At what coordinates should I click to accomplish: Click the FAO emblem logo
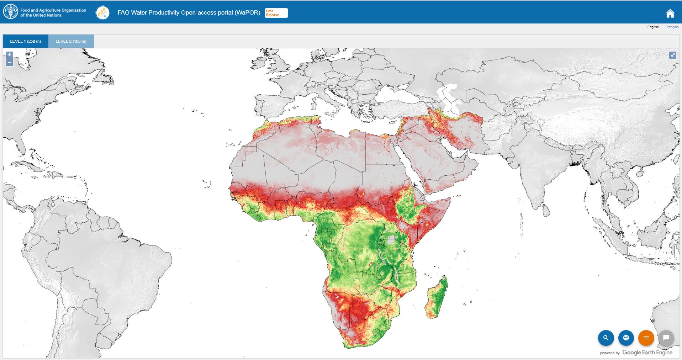(x=10, y=12)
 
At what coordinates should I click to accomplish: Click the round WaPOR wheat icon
(x=103, y=13)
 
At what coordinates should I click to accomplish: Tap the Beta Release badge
(x=276, y=13)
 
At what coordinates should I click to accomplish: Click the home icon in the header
(x=670, y=14)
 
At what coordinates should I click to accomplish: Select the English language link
(x=653, y=27)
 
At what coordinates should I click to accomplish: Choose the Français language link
(x=672, y=27)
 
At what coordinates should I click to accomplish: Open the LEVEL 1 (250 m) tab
(x=26, y=41)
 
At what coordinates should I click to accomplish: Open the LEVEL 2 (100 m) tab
(x=71, y=41)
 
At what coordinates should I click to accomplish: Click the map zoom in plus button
(x=10, y=55)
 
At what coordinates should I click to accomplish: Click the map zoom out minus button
(x=10, y=63)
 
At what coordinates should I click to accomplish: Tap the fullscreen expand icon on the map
(x=672, y=55)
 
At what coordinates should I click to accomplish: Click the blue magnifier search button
(x=606, y=338)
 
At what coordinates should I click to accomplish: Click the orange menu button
(x=646, y=338)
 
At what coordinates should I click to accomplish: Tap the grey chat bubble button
(x=666, y=338)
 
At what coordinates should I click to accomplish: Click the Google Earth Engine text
(x=647, y=353)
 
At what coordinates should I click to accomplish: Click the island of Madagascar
(x=437, y=299)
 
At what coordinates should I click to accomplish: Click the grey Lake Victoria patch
(x=391, y=239)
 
